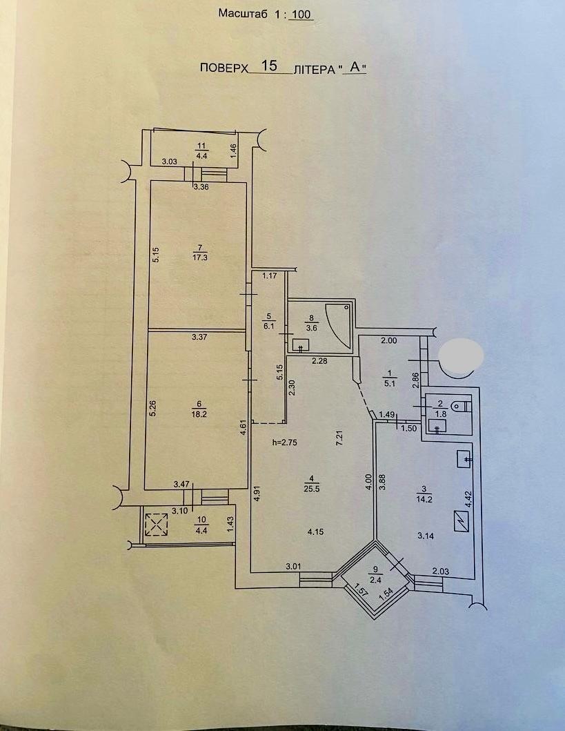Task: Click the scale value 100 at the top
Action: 302,14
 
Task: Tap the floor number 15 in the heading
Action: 269,66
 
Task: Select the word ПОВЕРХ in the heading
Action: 224,68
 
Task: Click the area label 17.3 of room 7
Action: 200,257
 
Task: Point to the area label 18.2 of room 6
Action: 199,413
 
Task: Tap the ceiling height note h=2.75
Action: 285,442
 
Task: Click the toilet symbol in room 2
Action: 462,407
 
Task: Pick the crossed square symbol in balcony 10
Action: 156,525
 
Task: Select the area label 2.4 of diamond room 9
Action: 376,581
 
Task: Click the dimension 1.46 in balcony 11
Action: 234,151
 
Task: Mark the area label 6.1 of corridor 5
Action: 269,326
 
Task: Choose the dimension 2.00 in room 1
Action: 389,341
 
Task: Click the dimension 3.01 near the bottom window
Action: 293,567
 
